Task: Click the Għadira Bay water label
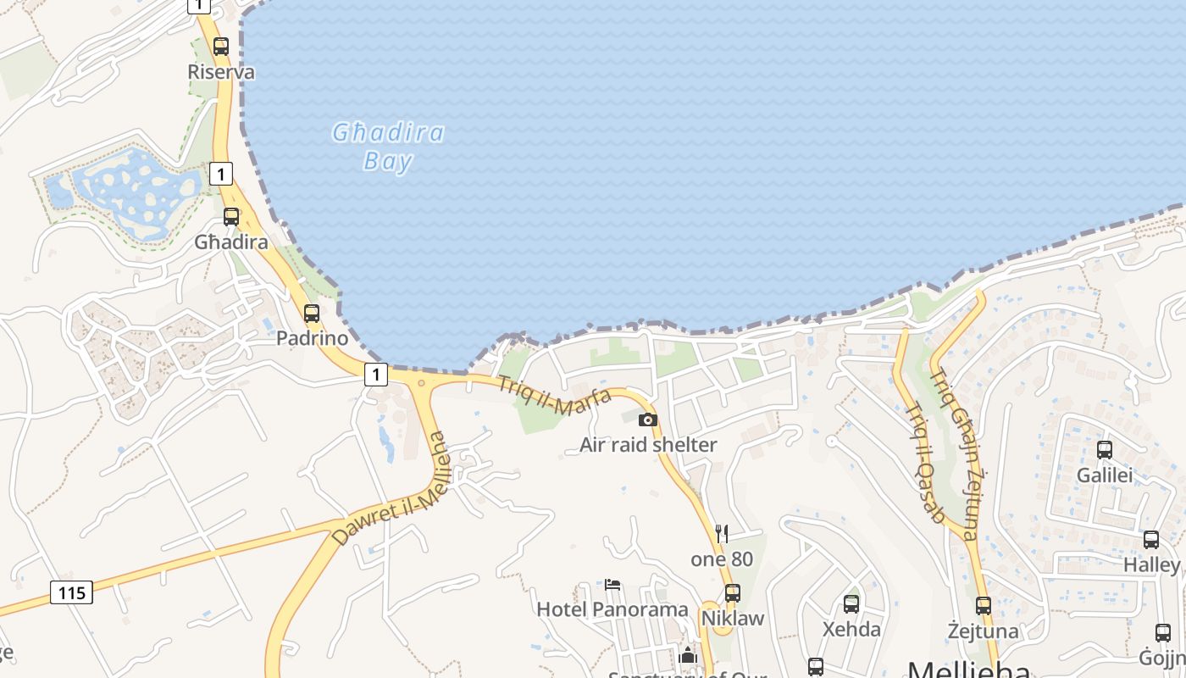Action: [388, 147]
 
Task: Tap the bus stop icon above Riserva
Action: [221, 47]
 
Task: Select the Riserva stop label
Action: [221, 72]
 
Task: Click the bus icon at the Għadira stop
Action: [231, 216]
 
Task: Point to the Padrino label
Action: [312, 338]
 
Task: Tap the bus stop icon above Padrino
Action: [312, 313]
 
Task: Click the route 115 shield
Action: [71, 592]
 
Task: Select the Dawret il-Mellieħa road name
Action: [391, 490]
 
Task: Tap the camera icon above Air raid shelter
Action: [648, 420]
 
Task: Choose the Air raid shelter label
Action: [648, 445]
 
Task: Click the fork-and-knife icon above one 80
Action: [722, 533]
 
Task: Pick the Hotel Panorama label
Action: [612, 609]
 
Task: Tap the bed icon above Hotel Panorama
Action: [612, 585]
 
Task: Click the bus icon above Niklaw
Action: [733, 592]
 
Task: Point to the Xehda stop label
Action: [852, 630]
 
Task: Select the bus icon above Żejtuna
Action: [983, 606]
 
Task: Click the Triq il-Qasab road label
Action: [924, 463]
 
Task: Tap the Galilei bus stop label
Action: [1105, 475]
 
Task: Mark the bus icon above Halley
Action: [1151, 539]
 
